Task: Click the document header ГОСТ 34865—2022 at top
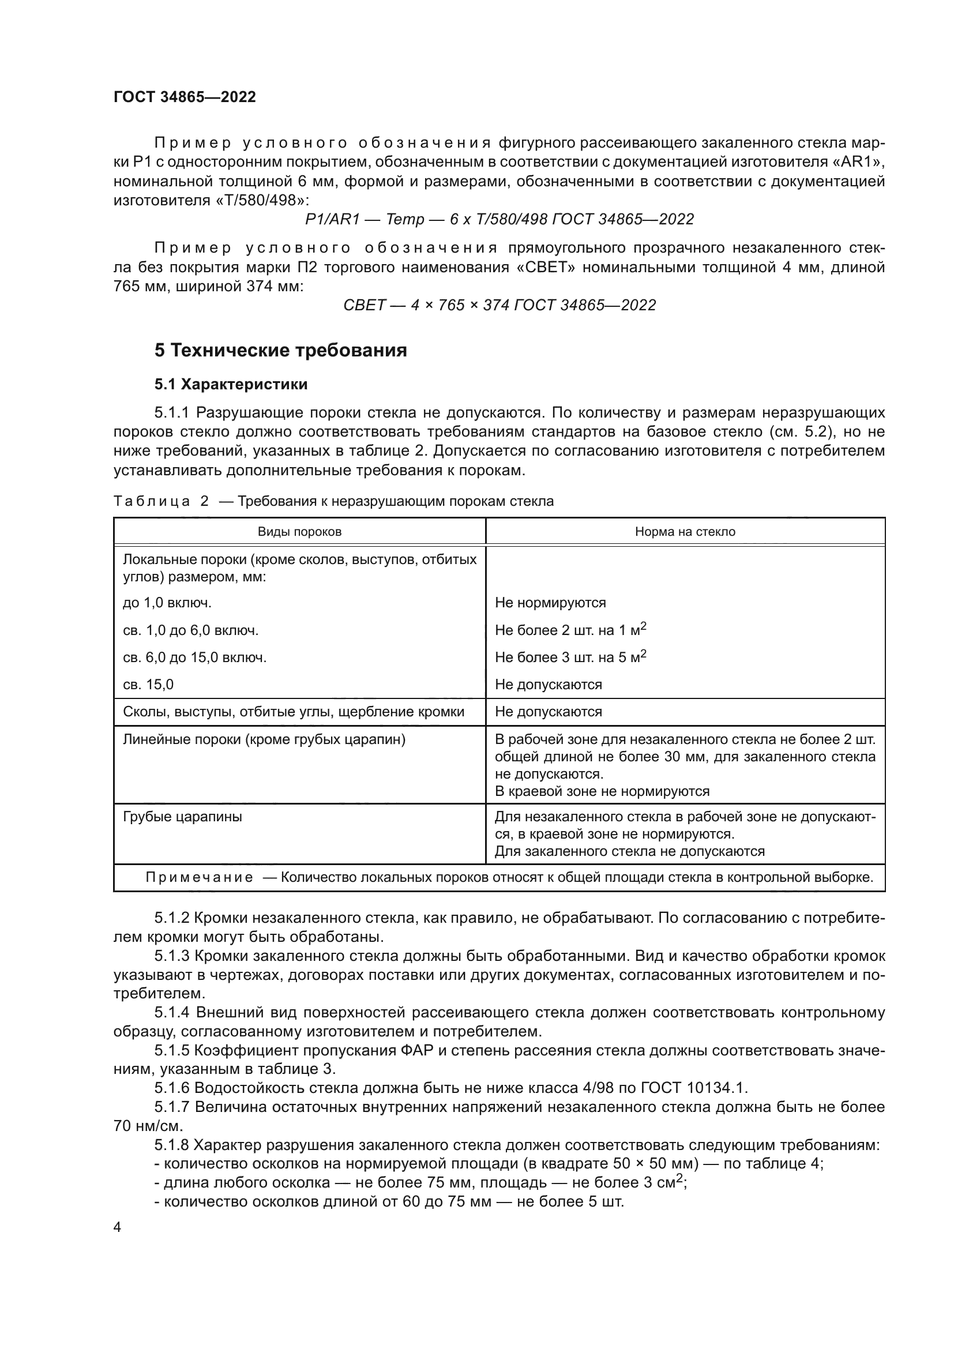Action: click(185, 97)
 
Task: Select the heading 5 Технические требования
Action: click(281, 350)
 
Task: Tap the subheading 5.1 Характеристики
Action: click(231, 384)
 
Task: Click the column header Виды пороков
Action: click(299, 532)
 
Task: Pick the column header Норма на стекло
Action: click(685, 532)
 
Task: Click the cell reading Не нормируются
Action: click(550, 603)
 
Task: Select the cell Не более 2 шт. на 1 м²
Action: click(570, 630)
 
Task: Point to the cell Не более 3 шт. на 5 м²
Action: click(570, 657)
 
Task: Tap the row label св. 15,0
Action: click(149, 685)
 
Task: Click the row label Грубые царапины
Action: click(183, 817)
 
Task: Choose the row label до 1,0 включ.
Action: click(167, 603)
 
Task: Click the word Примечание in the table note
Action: click(199, 878)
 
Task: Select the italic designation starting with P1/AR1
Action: click(499, 220)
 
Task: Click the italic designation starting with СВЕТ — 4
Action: click(499, 306)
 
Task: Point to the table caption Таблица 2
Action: click(161, 502)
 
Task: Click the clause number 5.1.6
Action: click(172, 1088)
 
